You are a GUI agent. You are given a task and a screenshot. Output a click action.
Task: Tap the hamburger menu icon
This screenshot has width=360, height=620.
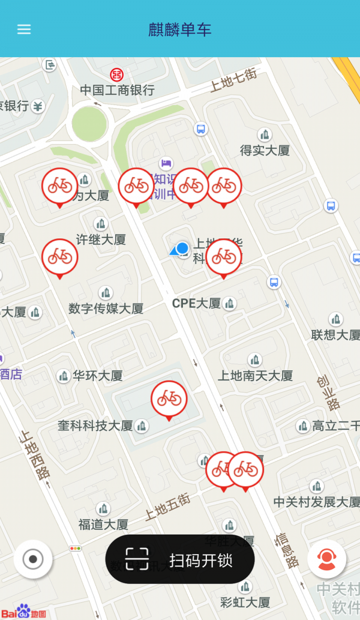coord(24,29)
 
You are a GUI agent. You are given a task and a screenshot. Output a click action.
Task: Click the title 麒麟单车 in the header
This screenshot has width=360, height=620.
coord(180,29)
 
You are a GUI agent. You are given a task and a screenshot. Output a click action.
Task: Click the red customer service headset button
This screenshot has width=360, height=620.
coord(326,559)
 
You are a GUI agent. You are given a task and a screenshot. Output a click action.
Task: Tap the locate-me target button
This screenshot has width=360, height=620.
coord(33,559)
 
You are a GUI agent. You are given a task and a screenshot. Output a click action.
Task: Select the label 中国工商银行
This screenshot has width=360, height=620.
coord(118,91)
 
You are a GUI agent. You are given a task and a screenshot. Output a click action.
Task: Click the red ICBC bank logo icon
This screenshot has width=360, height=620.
coord(116,74)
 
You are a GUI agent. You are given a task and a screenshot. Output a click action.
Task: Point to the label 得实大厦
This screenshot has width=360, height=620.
coord(265,150)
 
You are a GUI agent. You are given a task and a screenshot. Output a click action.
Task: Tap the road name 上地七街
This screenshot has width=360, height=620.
coord(233,80)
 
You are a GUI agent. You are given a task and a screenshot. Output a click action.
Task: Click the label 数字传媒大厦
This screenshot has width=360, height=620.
coord(106,308)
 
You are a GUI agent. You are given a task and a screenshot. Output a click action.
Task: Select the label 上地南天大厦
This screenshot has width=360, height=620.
coord(255,376)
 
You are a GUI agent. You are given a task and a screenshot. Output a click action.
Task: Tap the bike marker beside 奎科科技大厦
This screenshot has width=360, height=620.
coord(169,398)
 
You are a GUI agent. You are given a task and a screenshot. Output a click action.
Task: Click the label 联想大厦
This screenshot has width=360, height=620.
coord(335,334)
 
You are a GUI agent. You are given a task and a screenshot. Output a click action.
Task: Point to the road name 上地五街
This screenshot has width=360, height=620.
coord(167,506)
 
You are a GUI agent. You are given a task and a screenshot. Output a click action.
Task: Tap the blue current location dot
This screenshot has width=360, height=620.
coord(182,248)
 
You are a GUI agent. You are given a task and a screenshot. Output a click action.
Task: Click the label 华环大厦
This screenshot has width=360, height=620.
coord(98,376)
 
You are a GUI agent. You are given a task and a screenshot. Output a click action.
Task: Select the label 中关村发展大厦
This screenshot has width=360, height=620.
coord(316,501)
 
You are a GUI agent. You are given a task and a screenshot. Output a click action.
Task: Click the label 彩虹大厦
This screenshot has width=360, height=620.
coord(245,601)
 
